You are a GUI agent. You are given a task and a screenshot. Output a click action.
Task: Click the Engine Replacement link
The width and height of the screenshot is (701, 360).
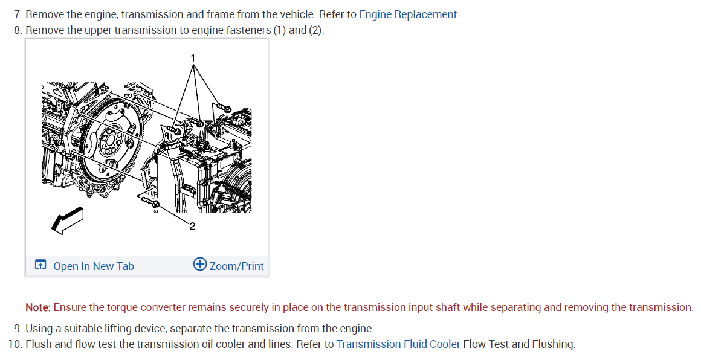(x=409, y=14)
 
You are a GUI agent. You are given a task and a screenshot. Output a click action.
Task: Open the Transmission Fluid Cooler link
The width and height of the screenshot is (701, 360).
(x=398, y=344)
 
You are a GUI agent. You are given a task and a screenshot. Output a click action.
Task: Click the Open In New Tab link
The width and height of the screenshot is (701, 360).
(x=94, y=266)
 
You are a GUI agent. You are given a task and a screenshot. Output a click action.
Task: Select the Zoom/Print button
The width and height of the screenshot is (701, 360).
(x=236, y=266)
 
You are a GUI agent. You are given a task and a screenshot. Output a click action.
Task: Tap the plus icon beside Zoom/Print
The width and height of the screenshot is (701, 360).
(x=200, y=265)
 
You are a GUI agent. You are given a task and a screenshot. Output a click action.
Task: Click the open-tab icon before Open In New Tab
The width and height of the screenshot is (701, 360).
(x=40, y=265)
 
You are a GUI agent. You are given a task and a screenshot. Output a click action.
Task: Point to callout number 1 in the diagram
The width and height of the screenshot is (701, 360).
(x=193, y=57)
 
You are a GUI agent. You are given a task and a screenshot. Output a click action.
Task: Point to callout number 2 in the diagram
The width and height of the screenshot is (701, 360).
(x=192, y=227)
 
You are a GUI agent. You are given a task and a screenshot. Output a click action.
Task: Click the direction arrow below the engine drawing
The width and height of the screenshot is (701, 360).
(x=66, y=219)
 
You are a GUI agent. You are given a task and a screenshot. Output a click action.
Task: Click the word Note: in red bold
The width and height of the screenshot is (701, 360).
(x=37, y=307)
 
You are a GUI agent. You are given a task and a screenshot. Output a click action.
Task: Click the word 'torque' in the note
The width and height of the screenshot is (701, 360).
(x=121, y=307)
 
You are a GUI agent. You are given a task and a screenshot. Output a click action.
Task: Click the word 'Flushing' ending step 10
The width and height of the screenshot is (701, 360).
(x=553, y=344)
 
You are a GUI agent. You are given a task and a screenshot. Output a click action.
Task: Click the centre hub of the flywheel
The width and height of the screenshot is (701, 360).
(x=109, y=143)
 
